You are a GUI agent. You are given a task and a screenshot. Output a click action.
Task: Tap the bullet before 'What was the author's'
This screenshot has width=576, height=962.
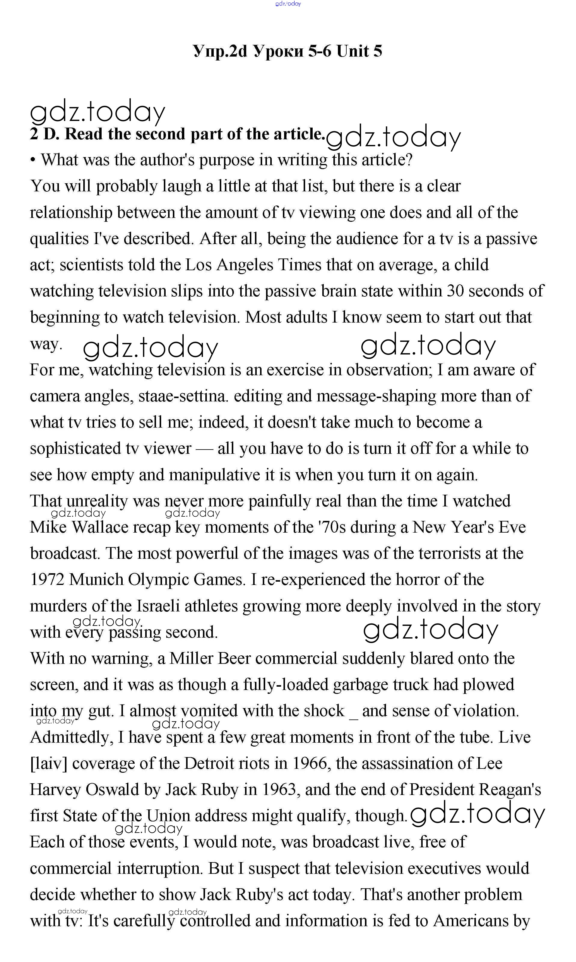(33, 160)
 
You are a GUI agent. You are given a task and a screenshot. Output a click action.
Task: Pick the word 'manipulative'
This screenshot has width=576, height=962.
(215, 475)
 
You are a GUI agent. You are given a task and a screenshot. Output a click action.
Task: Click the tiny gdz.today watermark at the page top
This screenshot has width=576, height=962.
(288, 4)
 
